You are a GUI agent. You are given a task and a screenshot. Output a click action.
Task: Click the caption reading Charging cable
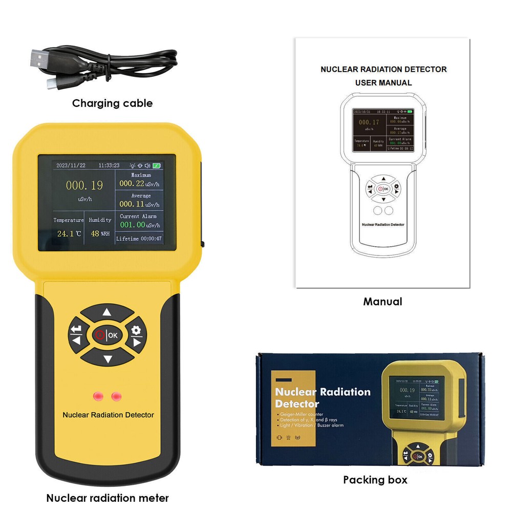(112, 103)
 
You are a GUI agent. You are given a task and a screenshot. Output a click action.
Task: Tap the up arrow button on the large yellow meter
(106, 312)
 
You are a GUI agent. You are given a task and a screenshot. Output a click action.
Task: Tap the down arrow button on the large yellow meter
(107, 358)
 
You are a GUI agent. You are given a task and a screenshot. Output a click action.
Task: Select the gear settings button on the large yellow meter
(136, 334)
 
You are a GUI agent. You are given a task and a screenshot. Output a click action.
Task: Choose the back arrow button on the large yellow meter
(77, 334)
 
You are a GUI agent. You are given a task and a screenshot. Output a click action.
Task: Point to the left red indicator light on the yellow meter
(97, 396)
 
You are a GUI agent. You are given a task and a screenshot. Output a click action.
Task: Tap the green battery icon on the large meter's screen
(156, 166)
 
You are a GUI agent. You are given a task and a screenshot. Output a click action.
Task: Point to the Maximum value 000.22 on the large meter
(132, 183)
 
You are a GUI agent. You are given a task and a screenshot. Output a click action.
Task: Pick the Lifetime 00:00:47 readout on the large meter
(139, 239)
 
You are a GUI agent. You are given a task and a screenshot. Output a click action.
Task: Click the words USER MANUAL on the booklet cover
(383, 82)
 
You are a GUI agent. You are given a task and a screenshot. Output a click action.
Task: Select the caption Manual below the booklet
(382, 302)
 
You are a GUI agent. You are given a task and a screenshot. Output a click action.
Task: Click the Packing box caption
(375, 480)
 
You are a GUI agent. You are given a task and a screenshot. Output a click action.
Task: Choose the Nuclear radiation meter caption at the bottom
(108, 498)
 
